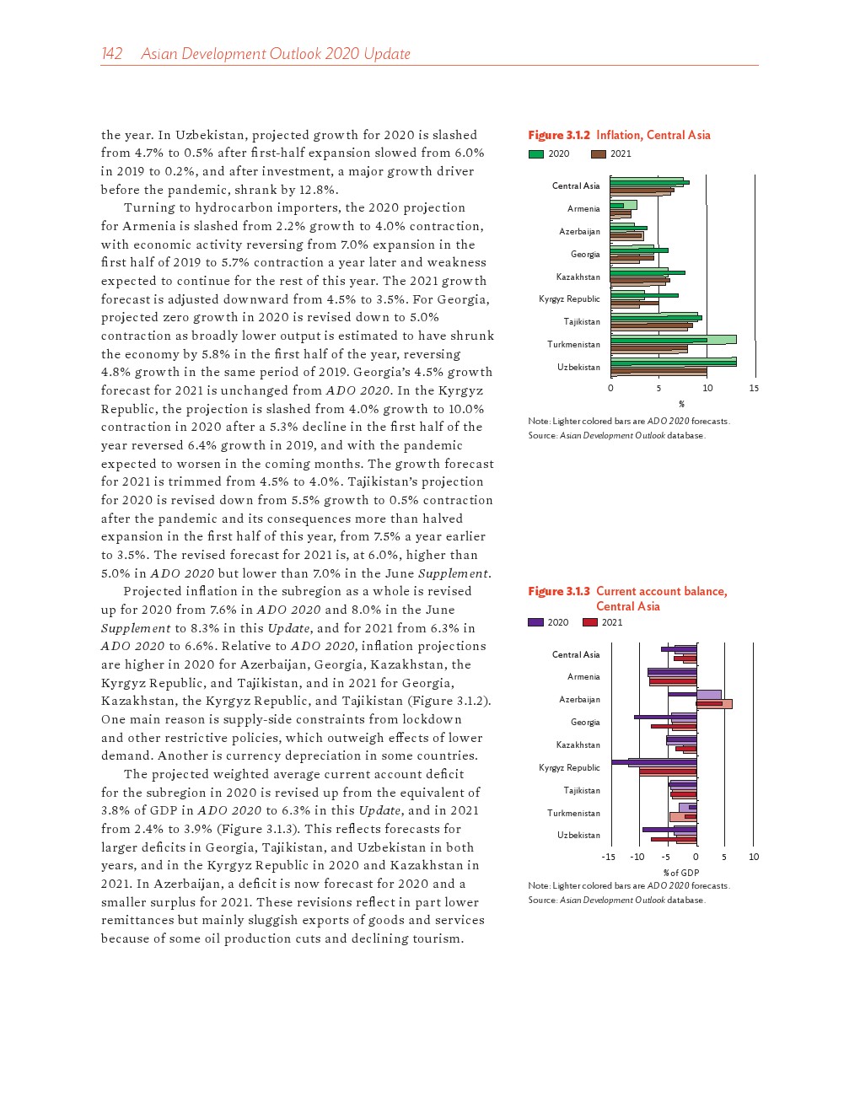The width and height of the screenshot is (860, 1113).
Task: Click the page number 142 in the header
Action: click(111, 54)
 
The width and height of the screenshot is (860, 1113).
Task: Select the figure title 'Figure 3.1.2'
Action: click(558, 135)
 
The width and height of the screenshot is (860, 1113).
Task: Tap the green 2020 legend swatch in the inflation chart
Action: click(536, 154)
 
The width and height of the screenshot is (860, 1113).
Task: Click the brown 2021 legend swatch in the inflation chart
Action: click(599, 154)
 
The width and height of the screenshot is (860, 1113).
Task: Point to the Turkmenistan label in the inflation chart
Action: click(573, 345)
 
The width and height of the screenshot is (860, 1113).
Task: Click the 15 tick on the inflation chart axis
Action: click(754, 389)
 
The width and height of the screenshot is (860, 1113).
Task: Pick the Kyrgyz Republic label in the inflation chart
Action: click(569, 299)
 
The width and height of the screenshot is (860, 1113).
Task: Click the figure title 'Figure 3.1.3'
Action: click(558, 591)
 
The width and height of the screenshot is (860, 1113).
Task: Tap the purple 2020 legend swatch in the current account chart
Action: click(535, 623)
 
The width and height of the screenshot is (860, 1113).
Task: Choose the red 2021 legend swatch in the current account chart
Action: click(590, 623)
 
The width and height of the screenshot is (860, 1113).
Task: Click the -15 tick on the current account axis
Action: click(608, 858)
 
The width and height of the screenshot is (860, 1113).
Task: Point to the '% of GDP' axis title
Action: click(681, 873)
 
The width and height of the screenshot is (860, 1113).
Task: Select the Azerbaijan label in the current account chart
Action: click(579, 700)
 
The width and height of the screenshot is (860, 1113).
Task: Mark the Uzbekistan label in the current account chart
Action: click(578, 836)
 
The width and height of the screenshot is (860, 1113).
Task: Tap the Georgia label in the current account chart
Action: click(585, 723)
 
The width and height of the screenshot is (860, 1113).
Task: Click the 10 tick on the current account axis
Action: click(754, 858)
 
